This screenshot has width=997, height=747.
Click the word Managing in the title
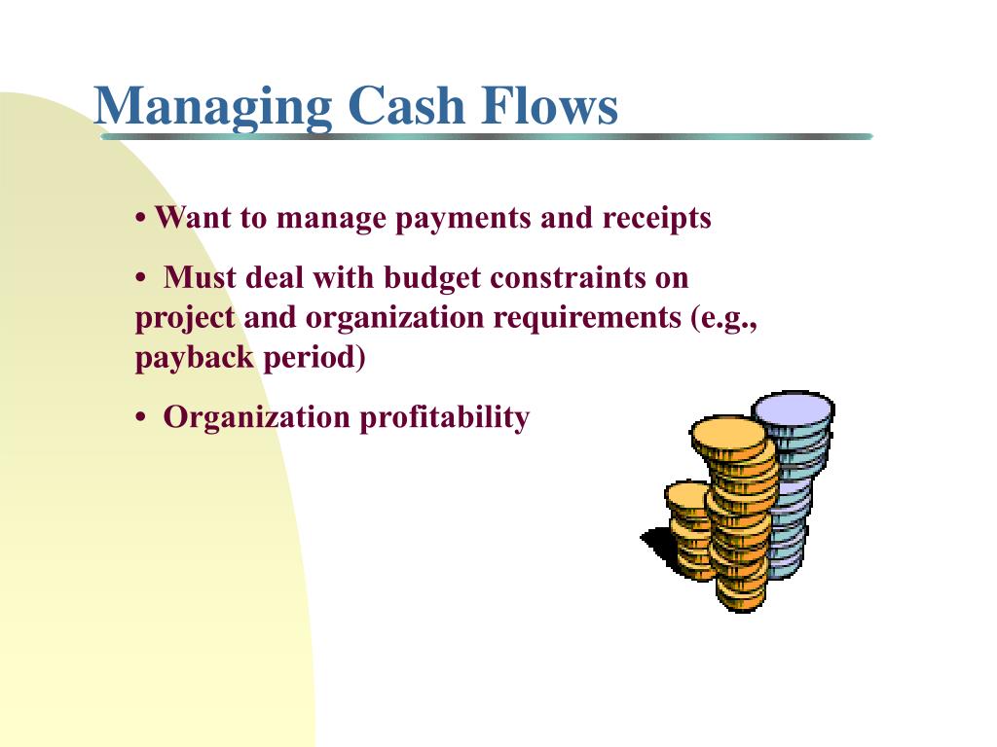(213, 107)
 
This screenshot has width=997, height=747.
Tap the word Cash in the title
(407, 105)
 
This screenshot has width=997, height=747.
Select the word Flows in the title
(549, 105)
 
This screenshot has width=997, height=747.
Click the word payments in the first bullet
(462, 219)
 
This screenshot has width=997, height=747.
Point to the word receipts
(657, 219)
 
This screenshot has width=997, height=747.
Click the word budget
(431, 279)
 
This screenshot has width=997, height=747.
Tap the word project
(185, 319)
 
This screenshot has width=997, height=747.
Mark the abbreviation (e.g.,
(724, 319)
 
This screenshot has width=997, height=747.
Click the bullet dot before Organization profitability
(140, 418)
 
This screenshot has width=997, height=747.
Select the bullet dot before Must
(140, 279)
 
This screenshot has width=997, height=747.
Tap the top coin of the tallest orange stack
(728, 435)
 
